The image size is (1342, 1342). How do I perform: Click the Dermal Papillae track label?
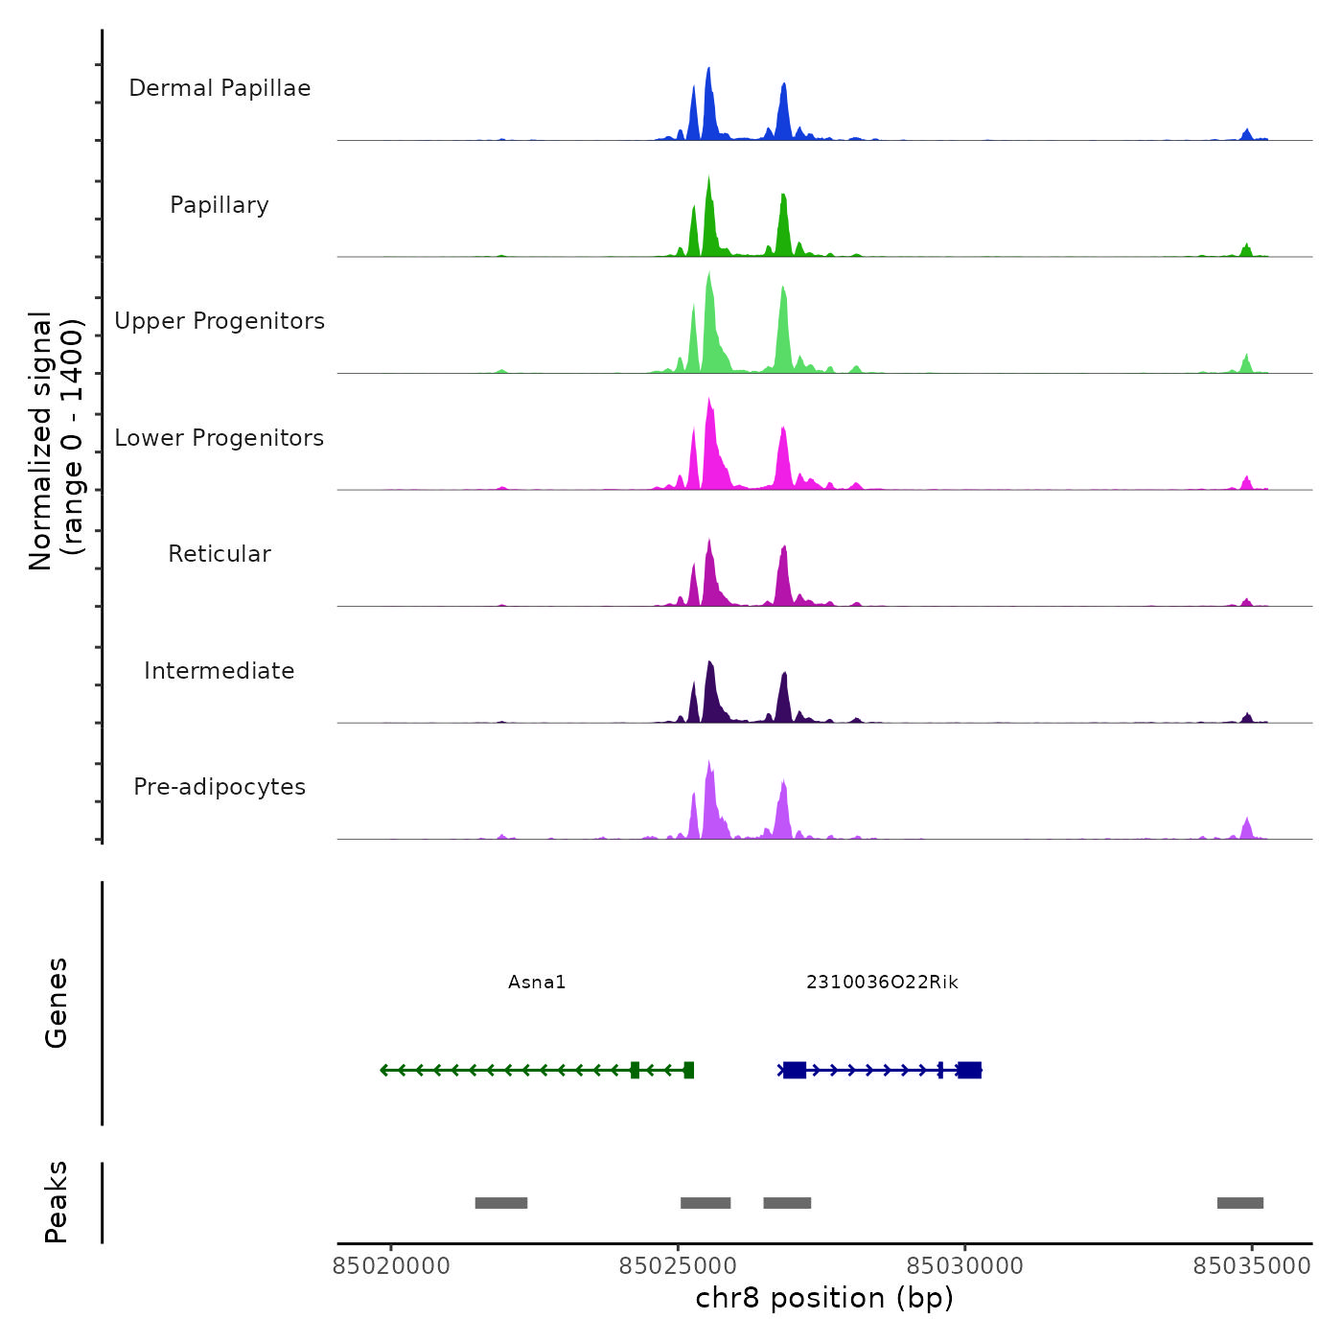tap(220, 88)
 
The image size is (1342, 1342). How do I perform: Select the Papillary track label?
tap(220, 205)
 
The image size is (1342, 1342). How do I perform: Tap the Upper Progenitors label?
tap(220, 321)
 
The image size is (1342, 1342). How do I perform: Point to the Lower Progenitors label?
tap(220, 438)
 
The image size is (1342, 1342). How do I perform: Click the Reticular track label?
tap(220, 554)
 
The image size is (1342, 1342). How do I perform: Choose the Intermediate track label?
tap(220, 671)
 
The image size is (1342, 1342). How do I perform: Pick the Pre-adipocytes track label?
tap(220, 787)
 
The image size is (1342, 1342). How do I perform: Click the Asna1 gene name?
tap(537, 983)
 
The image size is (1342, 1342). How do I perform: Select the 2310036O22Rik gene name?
tap(882, 983)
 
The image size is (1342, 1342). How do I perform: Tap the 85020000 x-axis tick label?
tap(391, 1266)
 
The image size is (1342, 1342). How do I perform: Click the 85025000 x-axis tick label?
tap(678, 1266)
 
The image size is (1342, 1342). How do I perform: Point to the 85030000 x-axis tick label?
tap(964, 1266)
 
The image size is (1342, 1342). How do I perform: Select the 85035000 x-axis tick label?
tap(1251, 1266)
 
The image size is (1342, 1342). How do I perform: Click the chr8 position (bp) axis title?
tap(824, 1298)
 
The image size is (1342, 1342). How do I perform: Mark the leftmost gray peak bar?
tap(501, 1203)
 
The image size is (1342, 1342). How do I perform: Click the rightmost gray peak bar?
tap(1240, 1203)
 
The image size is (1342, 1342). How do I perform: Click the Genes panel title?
tap(57, 1003)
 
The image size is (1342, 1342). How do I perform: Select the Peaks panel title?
tap(57, 1202)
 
